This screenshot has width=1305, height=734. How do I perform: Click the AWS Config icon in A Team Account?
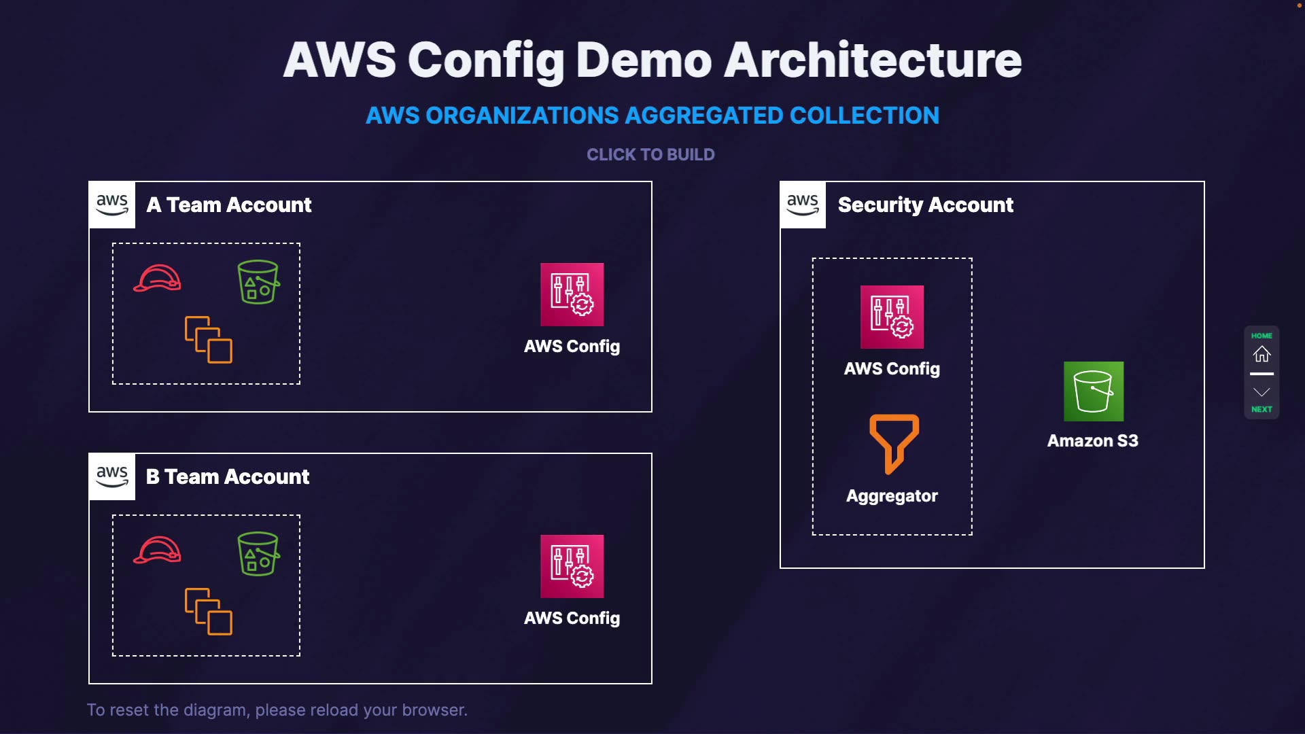pyautogui.click(x=572, y=294)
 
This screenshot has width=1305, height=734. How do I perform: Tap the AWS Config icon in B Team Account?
pyautogui.click(x=572, y=566)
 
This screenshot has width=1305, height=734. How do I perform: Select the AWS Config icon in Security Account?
pyautogui.click(x=892, y=317)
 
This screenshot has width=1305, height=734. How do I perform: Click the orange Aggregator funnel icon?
pyautogui.click(x=894, y=443)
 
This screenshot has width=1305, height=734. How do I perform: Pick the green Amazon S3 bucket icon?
pyautogui.click(x=1093, y=391)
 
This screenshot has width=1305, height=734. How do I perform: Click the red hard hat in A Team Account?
pyautogui.click(x=158, y=278)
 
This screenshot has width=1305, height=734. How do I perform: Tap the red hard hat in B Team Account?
pyautogui.click(x=158, y=550)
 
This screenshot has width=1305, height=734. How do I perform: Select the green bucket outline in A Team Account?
pyautogui.click(x=258, y=281)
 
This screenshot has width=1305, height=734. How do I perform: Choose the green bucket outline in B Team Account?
pyautogui.click(x=258, y=553)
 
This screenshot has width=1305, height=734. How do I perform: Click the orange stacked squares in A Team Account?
pyautogui.click(x=209, y=340)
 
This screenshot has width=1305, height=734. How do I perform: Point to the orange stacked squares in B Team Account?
pyautogui.click(x=209, y=612)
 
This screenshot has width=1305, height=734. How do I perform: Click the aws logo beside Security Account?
pyautogui.click(x=803, y=205)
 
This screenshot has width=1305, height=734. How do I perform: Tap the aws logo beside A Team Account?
pyautogui.click(x=112, y=205)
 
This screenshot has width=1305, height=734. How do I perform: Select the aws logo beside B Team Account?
pyautogui.click(x=112, y=476)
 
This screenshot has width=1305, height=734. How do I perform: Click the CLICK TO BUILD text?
pyautogui.click(x=650, y=155)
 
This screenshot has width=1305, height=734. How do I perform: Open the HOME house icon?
pyautogui.click(x=1261, y=353)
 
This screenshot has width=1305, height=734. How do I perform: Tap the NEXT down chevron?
pyautogui.click(x=1261, y=393)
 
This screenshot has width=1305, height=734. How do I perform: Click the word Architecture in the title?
pyautogui.click(x=872, y=60)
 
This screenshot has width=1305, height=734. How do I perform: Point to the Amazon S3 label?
pyautogui.click(x=1092, y=440)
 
